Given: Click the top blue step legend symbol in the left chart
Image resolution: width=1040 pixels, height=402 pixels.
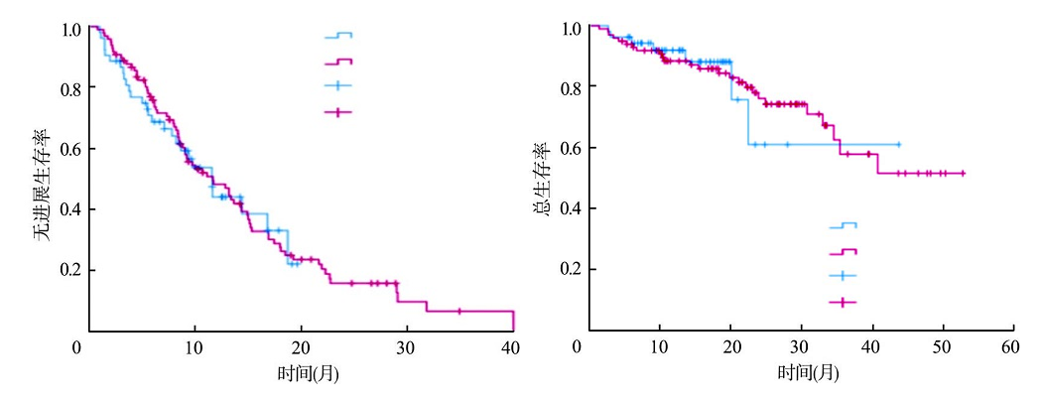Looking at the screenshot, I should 337,36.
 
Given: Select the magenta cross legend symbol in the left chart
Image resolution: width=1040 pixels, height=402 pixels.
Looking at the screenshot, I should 337,112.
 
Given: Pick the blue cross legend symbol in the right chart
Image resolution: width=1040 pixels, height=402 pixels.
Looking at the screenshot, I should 843,276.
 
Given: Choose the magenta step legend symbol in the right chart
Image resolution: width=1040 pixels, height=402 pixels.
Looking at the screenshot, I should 843,252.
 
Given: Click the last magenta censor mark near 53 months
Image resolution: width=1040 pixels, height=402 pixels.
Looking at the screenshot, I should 963,173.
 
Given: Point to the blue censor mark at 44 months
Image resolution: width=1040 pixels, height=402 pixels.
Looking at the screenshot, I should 899,145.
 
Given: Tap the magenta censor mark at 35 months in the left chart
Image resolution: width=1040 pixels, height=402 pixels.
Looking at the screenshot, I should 459,311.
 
